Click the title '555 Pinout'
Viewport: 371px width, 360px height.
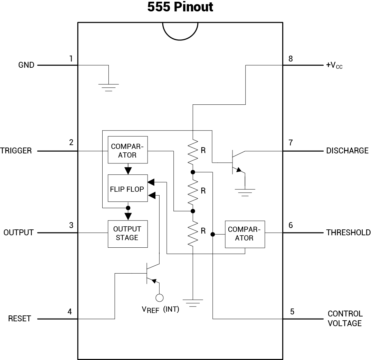point(180,7)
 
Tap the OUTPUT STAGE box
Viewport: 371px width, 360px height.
point(127,234)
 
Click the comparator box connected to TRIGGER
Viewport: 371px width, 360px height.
point(127,150)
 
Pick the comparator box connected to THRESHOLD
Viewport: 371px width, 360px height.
point(245,234)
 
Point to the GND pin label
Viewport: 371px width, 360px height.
point(26,65)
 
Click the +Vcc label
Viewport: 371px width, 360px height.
point(334,65)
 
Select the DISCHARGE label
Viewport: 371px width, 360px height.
point(347,151)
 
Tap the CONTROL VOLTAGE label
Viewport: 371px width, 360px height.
point(345,318)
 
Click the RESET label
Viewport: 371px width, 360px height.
point(20,319)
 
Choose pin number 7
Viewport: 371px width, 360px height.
point(291,142)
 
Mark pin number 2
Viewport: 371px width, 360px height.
point(71,142)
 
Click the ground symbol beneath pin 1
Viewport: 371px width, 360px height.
point(108,87)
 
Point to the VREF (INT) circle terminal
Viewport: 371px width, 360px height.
point(159,297)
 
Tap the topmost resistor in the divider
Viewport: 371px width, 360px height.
point(193,151)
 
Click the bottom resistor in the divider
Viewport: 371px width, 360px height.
point(193,233)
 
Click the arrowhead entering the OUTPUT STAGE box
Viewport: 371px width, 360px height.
point(128,216)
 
